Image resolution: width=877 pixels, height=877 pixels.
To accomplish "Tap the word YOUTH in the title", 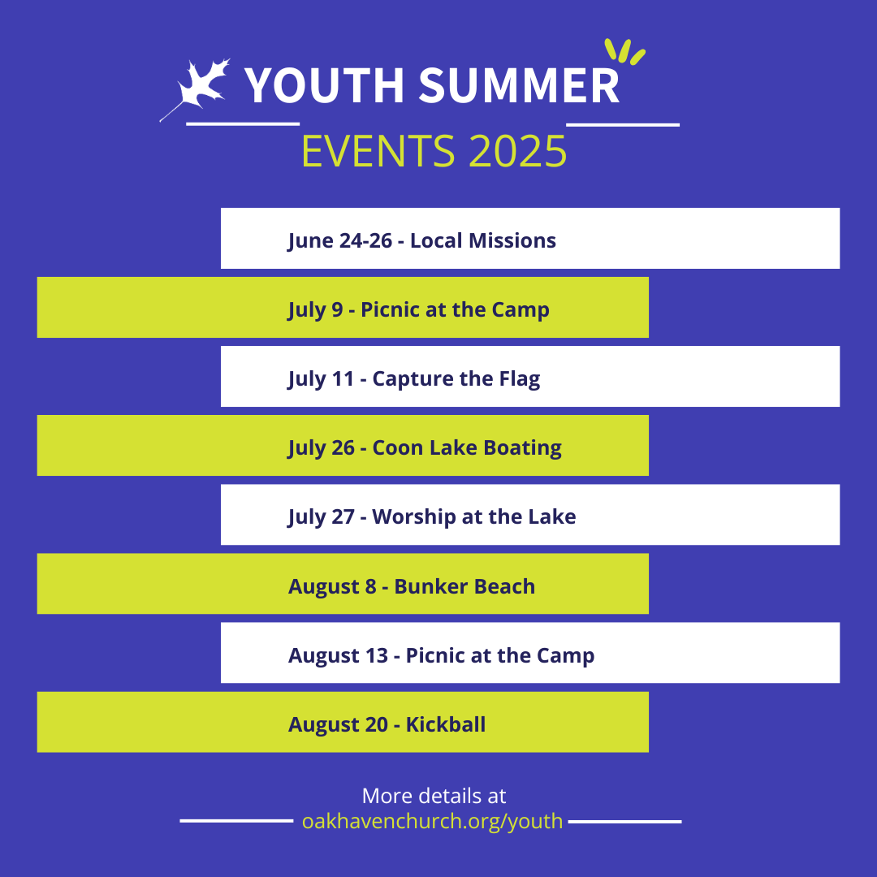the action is (x=324, y=85).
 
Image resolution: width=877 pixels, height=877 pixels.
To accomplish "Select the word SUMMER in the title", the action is (x=519, y=85).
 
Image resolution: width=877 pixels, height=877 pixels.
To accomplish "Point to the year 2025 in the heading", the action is (x=518, y=151).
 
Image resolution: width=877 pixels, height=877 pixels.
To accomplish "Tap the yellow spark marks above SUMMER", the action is (x=624, y=51).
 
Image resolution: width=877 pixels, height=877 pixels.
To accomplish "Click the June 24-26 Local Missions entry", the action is (x=421, y=240).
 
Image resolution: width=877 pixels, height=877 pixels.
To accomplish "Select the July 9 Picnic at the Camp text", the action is (x=418, y=310).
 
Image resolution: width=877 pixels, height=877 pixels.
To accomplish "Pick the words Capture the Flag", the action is (x=456, y=378).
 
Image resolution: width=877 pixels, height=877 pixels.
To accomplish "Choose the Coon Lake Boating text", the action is (x=467, y=447).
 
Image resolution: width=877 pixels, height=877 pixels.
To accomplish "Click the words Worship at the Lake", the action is (x=473, y=516).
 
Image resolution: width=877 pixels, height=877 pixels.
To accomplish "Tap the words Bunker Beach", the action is (x=464, y=586).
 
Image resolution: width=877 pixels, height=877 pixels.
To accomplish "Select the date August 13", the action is (x=338, y=655).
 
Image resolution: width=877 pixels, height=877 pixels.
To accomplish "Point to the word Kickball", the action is (x=446, y=724).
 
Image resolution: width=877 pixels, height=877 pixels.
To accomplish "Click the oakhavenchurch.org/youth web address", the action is (x=432, y=821).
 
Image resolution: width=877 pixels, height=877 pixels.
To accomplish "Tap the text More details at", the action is (x=434, y=796).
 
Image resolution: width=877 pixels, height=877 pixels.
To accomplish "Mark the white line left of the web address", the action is (x=236, y=821).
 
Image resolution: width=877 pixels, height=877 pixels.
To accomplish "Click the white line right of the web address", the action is (x=624, y=822).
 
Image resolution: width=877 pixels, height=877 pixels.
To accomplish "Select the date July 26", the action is (x=321, y=448).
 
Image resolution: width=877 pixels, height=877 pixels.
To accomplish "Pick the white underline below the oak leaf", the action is (x=243, y=123).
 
